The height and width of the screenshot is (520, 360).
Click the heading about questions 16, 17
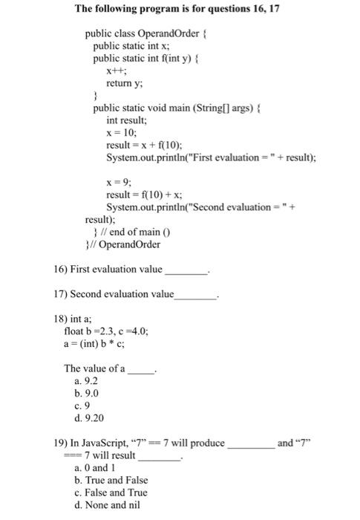(180, 10)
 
